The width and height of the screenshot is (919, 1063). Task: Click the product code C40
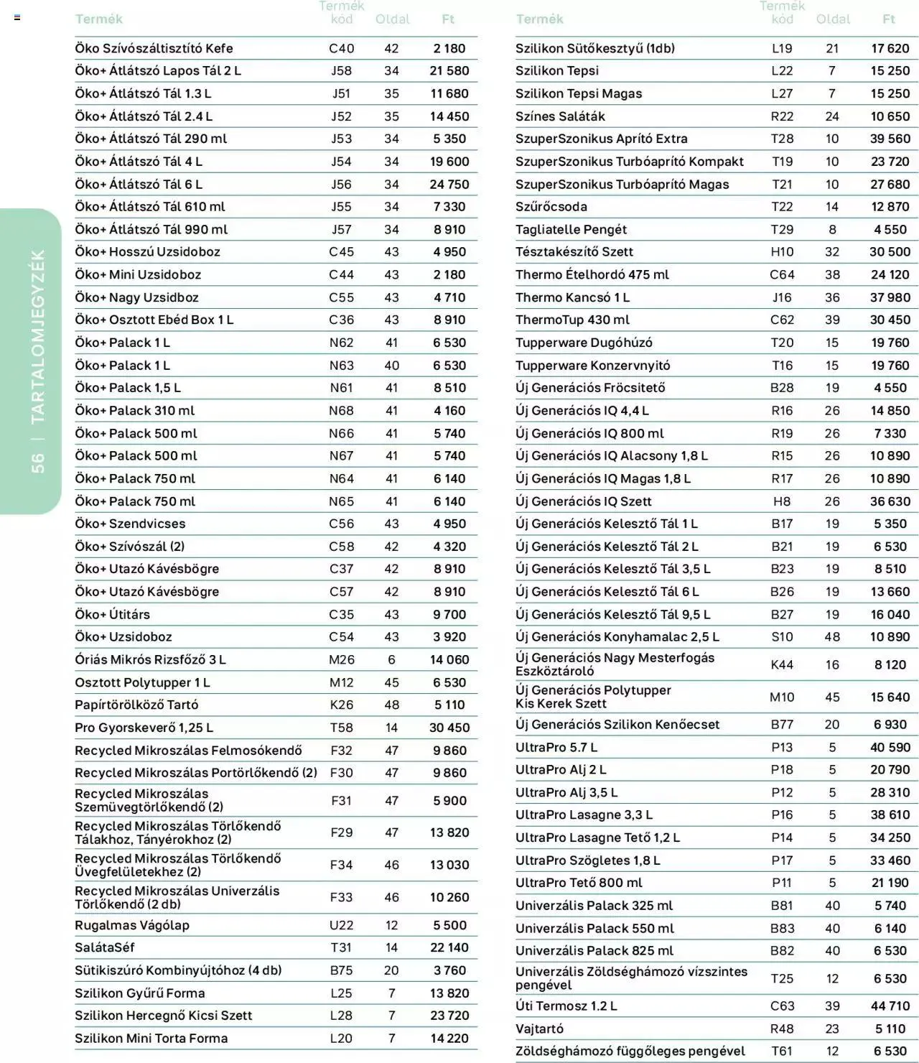pos(341,48)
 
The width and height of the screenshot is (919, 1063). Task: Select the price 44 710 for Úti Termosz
pos(890,1006)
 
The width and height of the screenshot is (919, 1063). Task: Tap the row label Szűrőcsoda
pos(551,207)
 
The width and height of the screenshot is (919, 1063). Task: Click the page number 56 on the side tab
pos(37,463)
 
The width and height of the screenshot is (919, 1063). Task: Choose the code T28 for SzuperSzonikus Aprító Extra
pos(782,139)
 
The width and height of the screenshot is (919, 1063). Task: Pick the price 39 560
pos(890,139)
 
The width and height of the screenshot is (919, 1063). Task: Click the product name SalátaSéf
pos(105,947)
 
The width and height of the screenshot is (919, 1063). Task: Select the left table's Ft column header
pos(448,19)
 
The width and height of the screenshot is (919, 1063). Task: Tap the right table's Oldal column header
pos(833,19)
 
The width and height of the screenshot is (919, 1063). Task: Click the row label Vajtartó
pos(539,1029)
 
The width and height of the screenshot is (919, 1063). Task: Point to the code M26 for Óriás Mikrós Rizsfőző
pos(341,659)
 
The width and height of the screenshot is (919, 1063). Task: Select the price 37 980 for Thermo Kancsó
pos(890,297)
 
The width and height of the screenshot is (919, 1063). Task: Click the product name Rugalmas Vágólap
pos(132,925)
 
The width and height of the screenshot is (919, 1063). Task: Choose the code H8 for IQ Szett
pos(782,501)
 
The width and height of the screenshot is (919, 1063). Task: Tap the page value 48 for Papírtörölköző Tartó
pos(391,705)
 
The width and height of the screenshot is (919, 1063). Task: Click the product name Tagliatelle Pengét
pos(571,230)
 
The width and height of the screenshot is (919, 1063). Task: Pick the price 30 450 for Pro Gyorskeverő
pos(449,728)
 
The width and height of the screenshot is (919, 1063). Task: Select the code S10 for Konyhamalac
pos(782,637)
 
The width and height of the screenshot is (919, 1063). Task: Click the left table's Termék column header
pos(98,19)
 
